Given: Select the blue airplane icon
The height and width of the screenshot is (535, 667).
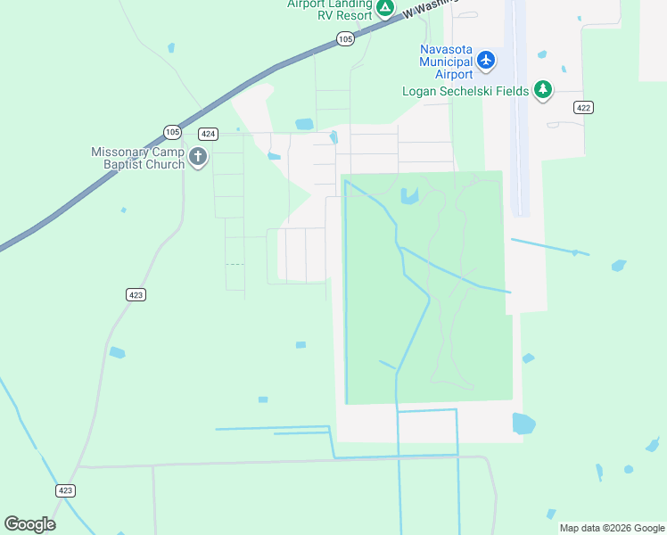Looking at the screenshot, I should pyautogui.click(x=485, y=60).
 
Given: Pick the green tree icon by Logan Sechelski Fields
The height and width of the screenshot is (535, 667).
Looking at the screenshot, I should pyautogui.click(x=542, y=89).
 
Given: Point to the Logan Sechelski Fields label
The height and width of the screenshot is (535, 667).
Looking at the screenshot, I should pyautogui.click(x=465, y=90).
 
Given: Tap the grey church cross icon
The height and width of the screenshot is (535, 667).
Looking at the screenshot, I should pyautogui.click(x=197, y=159).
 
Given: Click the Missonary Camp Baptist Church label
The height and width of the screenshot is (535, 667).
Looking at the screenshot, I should pyautogui.click(x=137, y=158).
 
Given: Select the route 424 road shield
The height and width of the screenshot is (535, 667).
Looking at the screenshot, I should pyautogui.click(x=208, y=134).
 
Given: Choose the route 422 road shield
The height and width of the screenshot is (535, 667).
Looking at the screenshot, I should pyautogui.click(x=583, y=107).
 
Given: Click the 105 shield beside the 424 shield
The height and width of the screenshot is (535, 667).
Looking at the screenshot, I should pyautogui.click(x=173, y=132).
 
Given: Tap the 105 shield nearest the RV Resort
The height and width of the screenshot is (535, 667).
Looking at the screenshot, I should pyautogui.click(x=346, y=38).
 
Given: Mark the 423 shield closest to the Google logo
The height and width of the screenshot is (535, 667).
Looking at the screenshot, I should pyautogui.click(x=65, y=490).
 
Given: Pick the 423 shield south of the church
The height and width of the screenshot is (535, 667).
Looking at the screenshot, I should pyautogui.click(x=135, y=294).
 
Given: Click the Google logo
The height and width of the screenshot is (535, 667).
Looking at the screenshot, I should pyautogui.click(x=29, y=524).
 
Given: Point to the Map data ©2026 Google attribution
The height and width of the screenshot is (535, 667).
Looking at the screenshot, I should pyautogui.click(x=612, y=528).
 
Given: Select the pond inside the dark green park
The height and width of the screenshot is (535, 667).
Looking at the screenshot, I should pyautogui.click(x=409, y=196).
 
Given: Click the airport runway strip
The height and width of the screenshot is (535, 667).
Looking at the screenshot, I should pyautogui.click(x=517, y=107).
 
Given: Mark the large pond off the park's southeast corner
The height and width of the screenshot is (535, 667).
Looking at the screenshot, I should pyautogui.click(x=523, y=423).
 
